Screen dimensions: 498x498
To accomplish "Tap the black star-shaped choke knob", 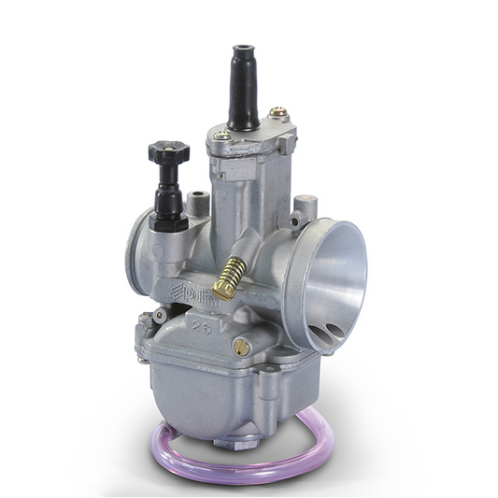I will tap(169, 154).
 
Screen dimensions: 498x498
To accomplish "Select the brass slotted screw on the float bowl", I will tap(241, 348).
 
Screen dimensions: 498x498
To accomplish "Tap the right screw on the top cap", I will tap(277, 113).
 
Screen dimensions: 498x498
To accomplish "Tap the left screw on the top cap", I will tap(221, 135).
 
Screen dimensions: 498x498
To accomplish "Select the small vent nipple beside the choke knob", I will tap(196, 200).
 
